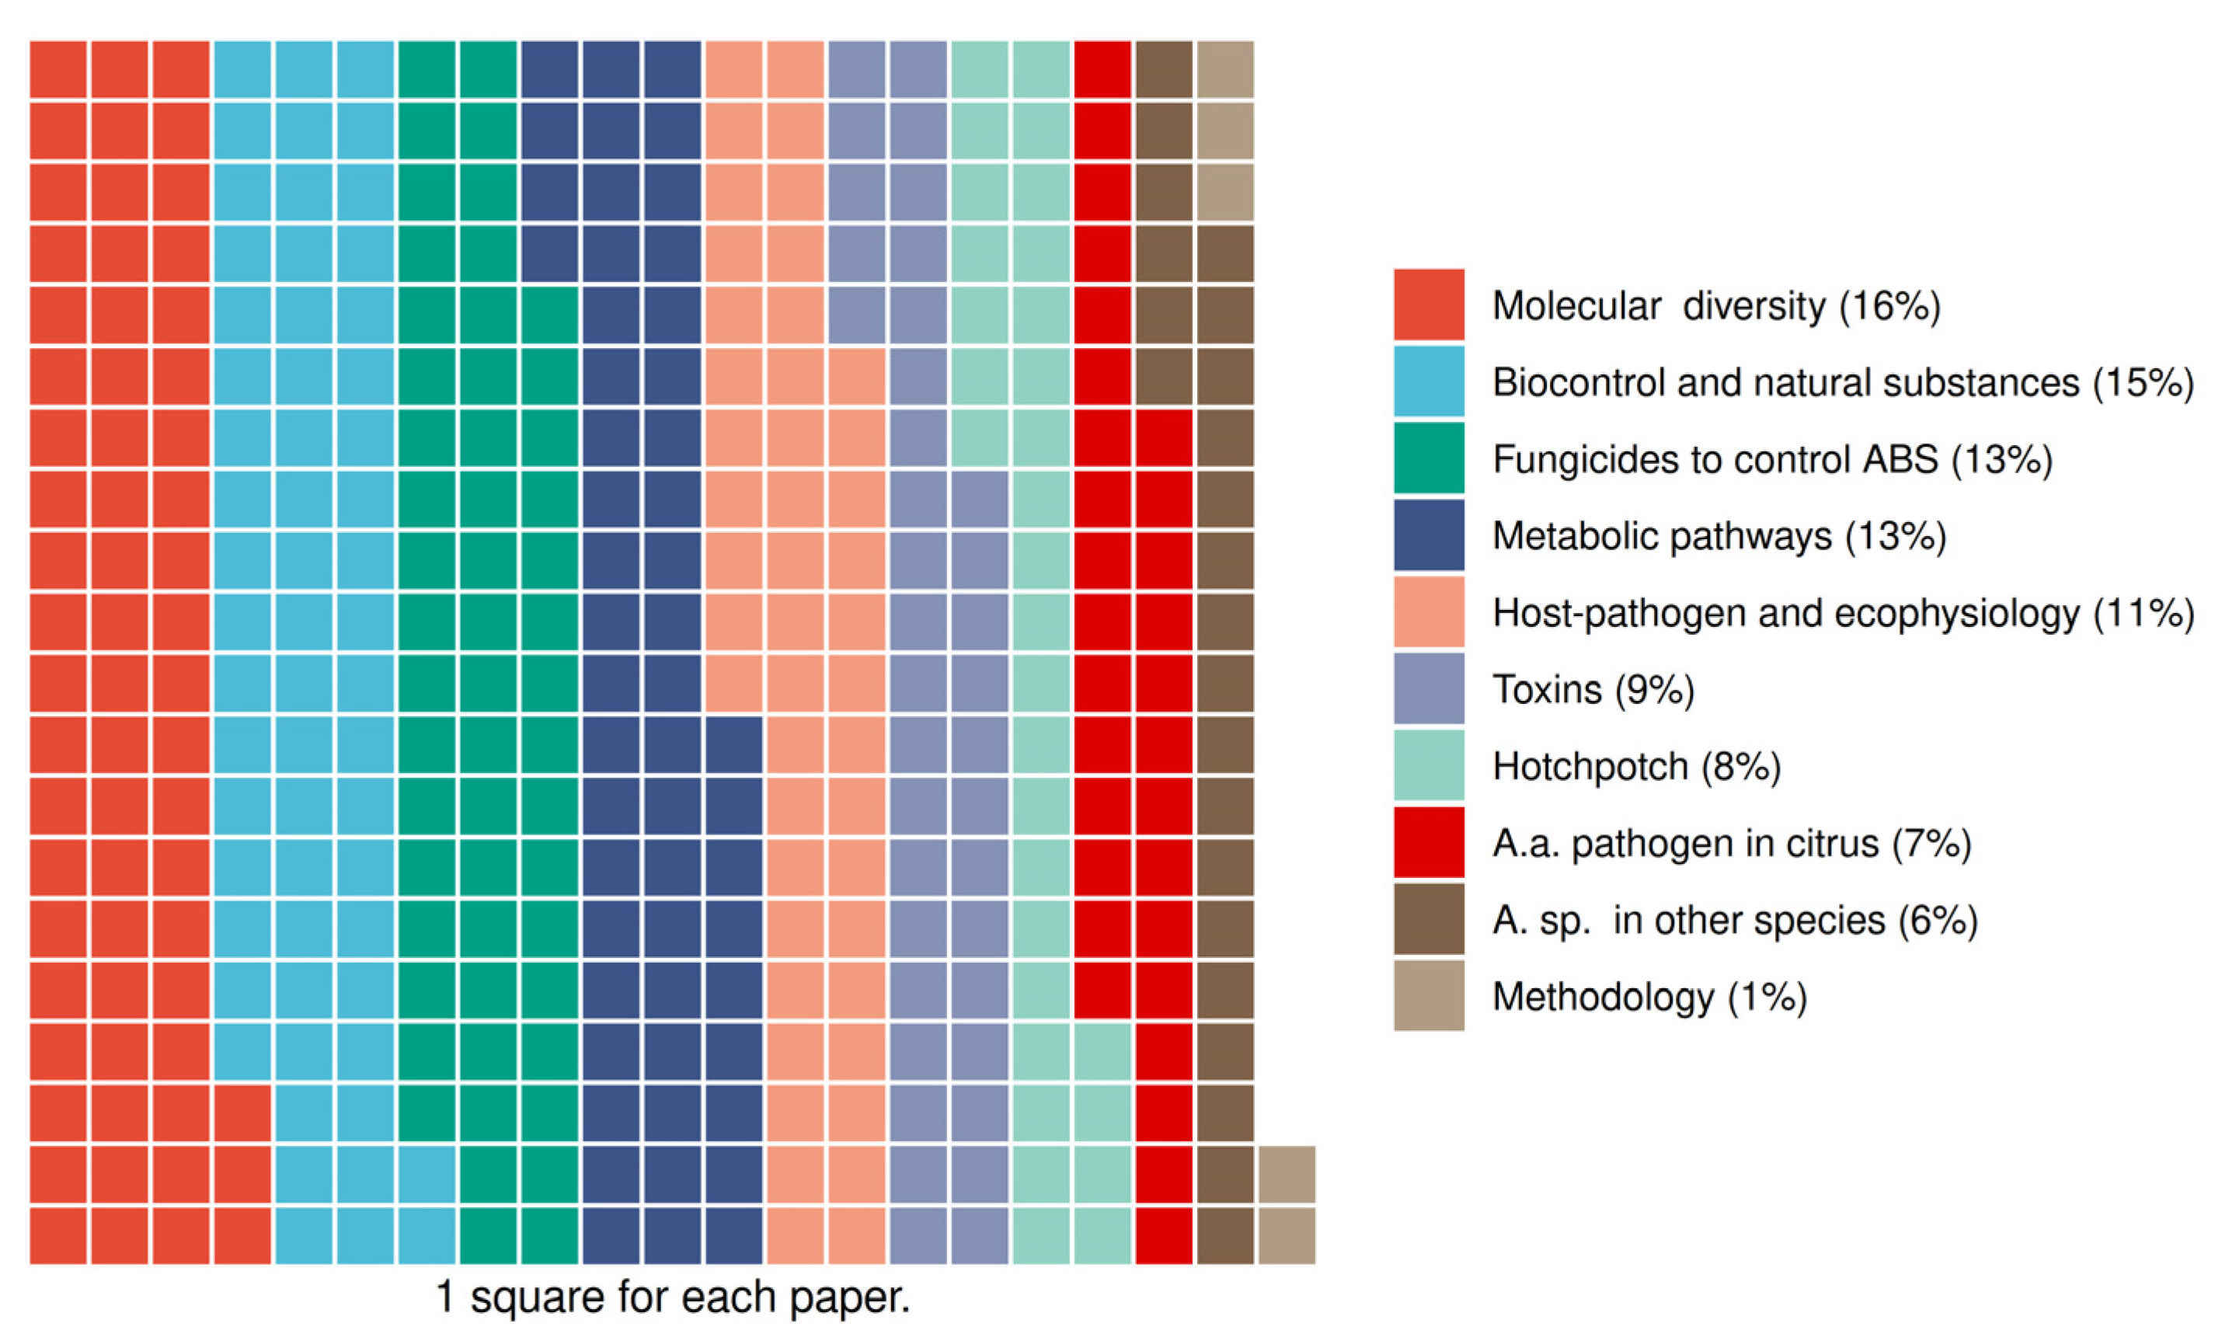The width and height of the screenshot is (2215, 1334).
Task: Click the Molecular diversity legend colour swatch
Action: coord(1429,304)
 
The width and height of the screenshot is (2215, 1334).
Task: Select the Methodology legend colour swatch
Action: coord(1429,995)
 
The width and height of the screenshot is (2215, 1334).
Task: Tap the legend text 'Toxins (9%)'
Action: coord(1593,689)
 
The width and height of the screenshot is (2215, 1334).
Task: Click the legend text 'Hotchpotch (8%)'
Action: coord(1636,767)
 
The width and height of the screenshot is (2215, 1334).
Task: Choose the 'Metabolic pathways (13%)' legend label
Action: coord(1719,536)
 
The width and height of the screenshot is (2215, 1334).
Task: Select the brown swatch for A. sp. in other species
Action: coord(1429,918)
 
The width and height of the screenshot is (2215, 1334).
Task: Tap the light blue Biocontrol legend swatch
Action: coord(1429,381)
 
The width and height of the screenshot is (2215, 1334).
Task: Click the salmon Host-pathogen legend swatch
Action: coord(1429,611)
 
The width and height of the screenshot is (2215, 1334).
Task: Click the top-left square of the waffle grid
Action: coord(58,69)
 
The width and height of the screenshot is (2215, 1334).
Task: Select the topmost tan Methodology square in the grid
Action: coord(1224,69)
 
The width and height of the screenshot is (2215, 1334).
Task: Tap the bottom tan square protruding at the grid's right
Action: coord(1287,1235)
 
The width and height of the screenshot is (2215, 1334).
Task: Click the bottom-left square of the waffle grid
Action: coord(58,1235)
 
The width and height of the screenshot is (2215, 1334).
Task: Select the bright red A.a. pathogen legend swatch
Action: coord(1429,842)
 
